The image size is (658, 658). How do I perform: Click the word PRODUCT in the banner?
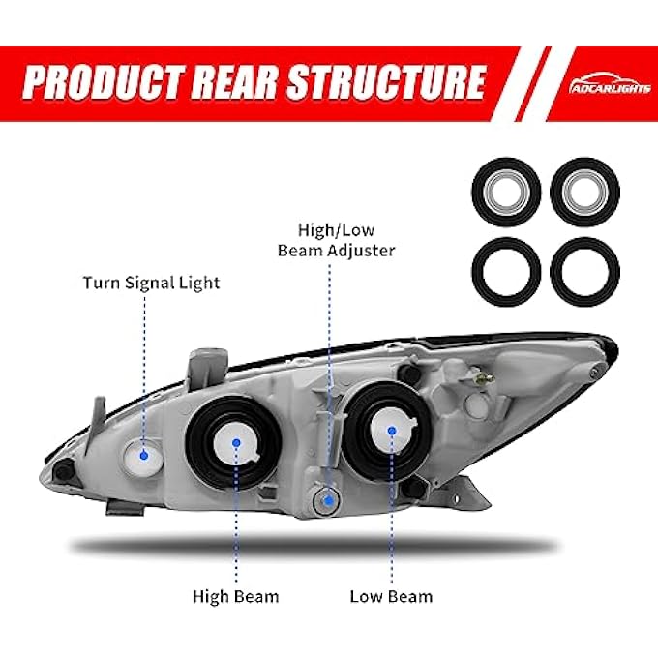click(x=104, y=82)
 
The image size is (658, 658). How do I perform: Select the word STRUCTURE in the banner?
click(x=386, y=82)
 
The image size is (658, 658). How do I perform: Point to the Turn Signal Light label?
click(x=152, y=283)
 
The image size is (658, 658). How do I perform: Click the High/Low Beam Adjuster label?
click(x=336, y=240)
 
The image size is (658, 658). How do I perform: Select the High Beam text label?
click(x=236, y=596)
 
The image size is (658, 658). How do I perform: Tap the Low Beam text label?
click(x=391, y=596)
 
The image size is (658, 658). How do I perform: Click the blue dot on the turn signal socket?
click(x=144, y=455)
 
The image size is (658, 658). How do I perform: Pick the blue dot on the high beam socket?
click(x=236, y=443)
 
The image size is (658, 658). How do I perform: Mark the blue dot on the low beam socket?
click(x=392, y=431)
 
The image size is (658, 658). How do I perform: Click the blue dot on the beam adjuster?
click(x=329, y=500)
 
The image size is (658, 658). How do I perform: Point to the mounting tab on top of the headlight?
click(x=209, y=364)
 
